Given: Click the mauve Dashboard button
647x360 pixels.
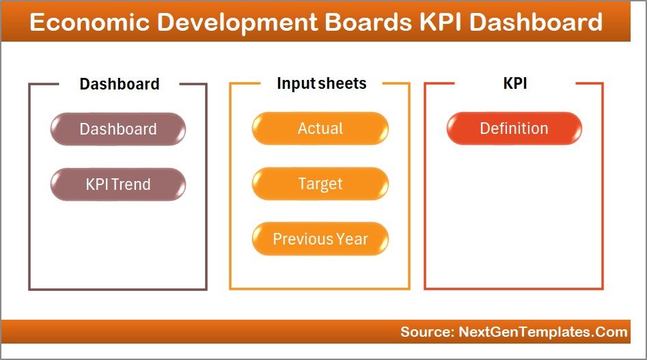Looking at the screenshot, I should point(118,129).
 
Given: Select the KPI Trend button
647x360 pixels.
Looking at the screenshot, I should point(118,184).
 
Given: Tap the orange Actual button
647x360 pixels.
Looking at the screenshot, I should point(320,128).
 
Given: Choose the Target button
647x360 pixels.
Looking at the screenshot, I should point(320,184).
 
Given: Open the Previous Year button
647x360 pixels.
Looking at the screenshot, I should point(320,239).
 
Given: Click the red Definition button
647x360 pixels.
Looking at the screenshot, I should point(514,128).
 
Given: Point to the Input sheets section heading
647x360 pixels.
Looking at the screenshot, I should point(321,83).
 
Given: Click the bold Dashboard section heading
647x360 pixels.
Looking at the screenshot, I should point(120,84).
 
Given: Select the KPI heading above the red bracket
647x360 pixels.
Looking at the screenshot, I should point(514,83).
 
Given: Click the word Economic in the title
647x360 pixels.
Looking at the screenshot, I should point(89,23).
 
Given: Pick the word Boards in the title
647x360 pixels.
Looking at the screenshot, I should point(373,23).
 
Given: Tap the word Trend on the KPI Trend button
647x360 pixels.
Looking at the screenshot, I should point(132,184).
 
